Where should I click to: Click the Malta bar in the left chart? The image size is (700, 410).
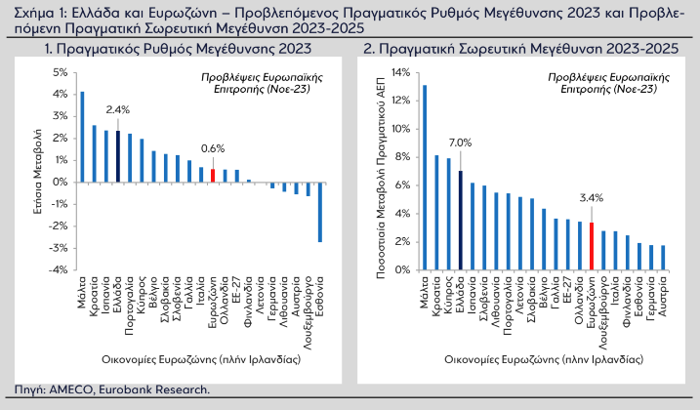point(82,137)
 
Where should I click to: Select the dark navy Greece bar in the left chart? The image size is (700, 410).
point(118,156)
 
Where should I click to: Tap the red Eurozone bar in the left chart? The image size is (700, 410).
point(213,176)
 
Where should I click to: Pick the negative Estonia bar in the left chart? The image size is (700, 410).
point(320,212)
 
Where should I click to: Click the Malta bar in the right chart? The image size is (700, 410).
point(425,178)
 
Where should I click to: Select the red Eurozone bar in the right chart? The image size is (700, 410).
point(592,246)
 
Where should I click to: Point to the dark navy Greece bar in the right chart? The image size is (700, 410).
point(460,221)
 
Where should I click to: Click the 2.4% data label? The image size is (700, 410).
point(118,109)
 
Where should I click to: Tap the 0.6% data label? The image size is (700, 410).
point(213,148)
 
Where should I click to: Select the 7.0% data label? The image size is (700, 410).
point(460,143)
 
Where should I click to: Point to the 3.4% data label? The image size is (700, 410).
point(592,198)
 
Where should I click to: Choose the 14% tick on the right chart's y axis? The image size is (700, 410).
point(400,72)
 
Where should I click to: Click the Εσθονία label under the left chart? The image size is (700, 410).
point(320,296)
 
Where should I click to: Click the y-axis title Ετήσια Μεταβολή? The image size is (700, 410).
point(38,172)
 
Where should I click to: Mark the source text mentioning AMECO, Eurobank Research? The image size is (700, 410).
point(112,389)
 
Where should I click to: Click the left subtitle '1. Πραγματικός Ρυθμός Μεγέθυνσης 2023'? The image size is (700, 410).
point(178,49)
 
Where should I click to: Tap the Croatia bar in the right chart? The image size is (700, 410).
point(436,213)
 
